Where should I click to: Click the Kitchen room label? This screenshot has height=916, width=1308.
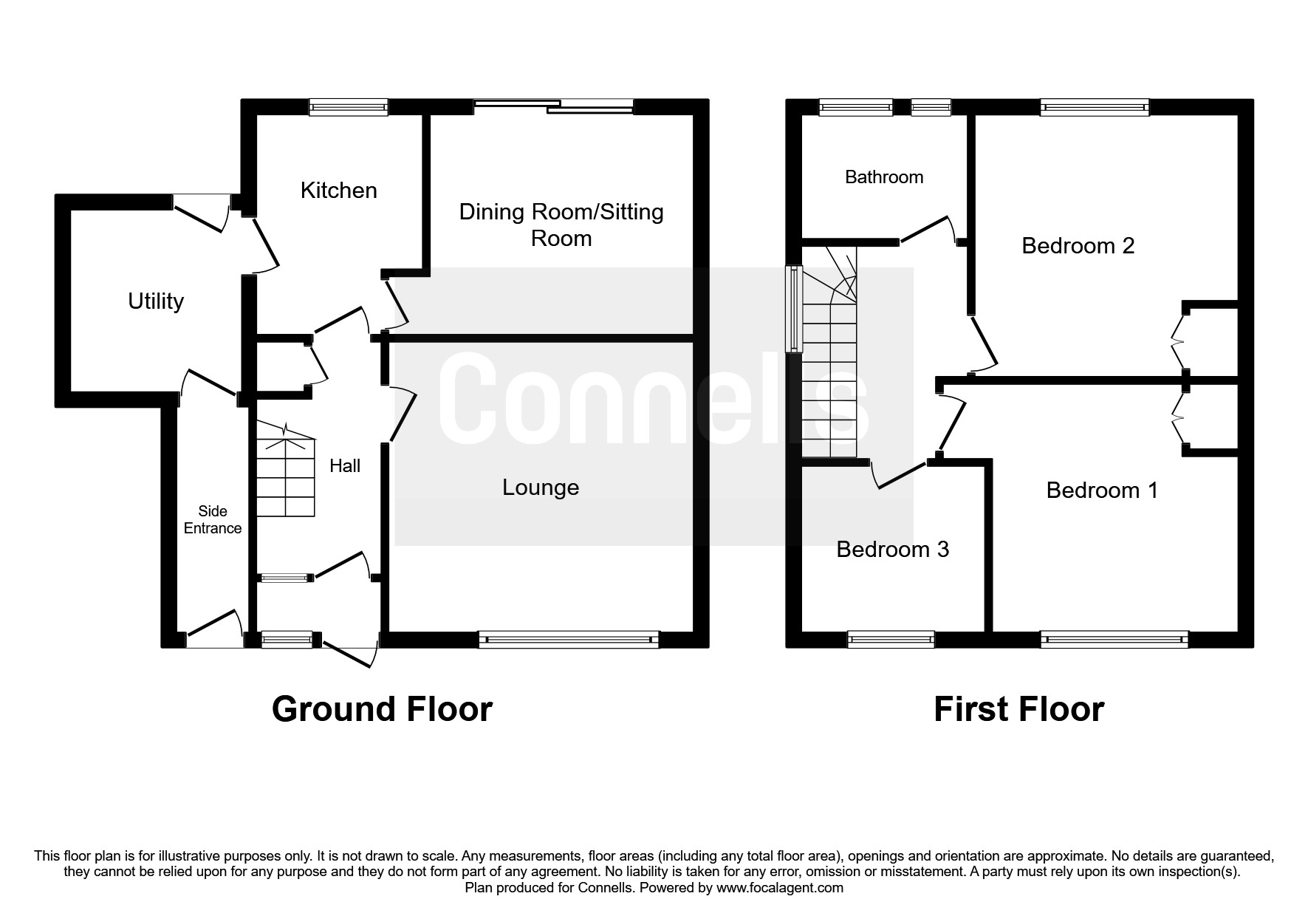click(x=339, y=191)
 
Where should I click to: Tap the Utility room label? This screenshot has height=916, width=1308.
click(x=156, y=301)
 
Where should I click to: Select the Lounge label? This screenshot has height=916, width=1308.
click(x=541, y=488)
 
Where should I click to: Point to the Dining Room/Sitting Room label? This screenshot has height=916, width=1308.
click(x=561, y=225)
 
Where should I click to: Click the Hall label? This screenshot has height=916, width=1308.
click(x=345, y=465)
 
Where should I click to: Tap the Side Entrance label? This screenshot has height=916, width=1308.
click(x=213, y=519)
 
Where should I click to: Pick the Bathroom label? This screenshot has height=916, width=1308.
click(x=884, y=177)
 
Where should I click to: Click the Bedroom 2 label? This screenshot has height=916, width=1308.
click(x=1078, y=246)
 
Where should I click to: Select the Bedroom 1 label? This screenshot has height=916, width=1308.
click(x=1103, y=491)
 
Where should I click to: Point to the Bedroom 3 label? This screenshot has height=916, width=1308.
click(x=893, y=550)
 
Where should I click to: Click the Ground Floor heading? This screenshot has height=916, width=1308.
click(x=382, y=709)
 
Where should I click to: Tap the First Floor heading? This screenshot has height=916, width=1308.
click(x=1019, y=709)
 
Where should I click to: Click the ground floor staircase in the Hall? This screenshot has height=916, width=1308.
click(x=286, y=471)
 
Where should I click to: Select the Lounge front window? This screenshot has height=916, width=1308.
click(x=569, y=640)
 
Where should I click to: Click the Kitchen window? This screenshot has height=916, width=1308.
click(x=349, y=108)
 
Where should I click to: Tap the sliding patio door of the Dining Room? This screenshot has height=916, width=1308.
click(x=554, y=107)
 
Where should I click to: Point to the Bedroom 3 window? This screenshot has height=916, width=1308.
click(x=891, y=640)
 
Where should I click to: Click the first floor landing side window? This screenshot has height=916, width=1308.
click(x=795, y=309)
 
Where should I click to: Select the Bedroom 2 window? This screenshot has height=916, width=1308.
click(x=1095, y=108)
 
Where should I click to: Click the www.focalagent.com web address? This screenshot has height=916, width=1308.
click(x=780, y=888)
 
